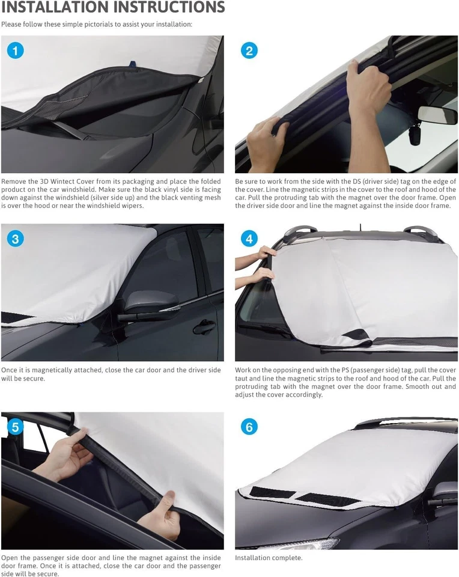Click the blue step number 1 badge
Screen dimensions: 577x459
15,50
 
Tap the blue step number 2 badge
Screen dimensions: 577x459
249,50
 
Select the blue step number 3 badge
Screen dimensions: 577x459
15,239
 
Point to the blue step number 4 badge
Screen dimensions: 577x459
249,239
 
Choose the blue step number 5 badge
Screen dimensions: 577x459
15,427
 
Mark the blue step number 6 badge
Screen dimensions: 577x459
249,427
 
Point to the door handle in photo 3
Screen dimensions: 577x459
204,327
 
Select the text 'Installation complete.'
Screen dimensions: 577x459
269,558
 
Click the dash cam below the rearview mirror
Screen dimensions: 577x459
415,136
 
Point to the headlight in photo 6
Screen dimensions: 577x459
300,543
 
